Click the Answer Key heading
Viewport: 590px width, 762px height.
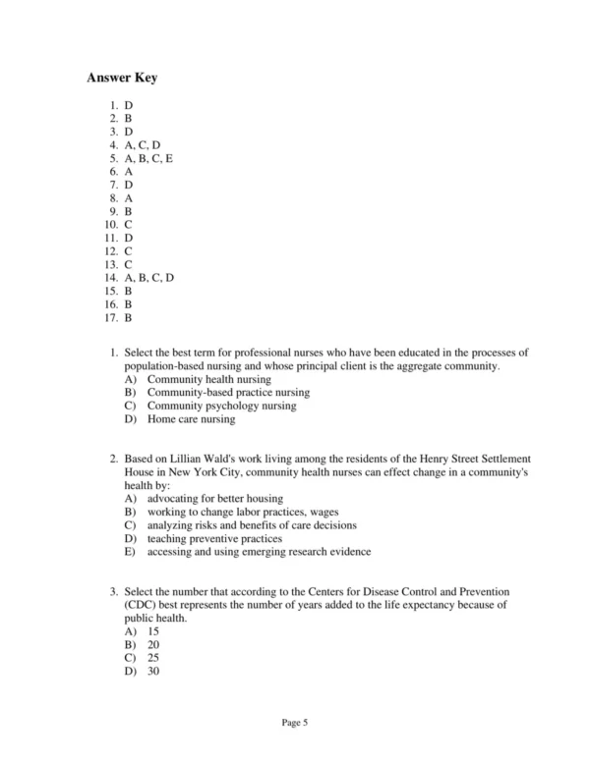[122, 78]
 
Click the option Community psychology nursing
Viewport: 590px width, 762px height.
[221, 406]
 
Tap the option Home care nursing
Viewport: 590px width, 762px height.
[191, 419]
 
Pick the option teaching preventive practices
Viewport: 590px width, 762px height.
[214, 539]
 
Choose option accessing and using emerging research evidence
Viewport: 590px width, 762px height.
[259, 552]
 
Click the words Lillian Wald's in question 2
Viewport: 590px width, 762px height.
[194, 459]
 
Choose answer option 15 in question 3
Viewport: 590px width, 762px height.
[153, 632]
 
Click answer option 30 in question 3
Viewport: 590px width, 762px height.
[153, 673]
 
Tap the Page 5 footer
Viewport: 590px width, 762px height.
[295, 724]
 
